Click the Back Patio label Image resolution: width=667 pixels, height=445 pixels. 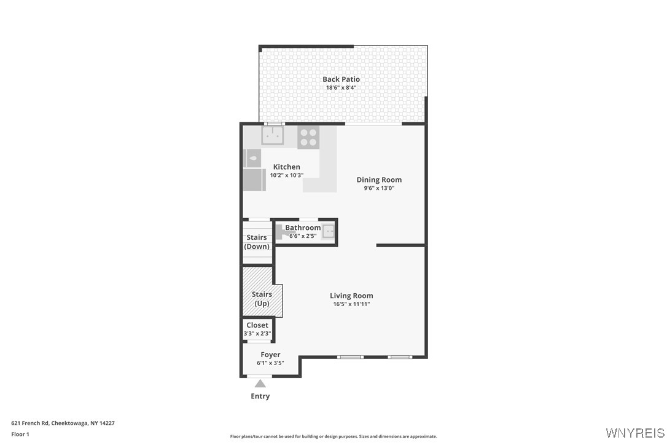[x=341, y=79]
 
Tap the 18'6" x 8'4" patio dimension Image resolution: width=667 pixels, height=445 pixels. [x=341, y=88]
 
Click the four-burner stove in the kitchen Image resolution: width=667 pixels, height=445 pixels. [x=308, y=137]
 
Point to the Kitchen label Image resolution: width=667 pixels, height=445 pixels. [x=286, y=167]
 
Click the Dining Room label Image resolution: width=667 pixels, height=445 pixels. [x=379, y=180]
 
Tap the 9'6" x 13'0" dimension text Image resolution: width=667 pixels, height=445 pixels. [x=379, y=189]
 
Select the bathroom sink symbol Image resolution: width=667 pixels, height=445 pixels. [x=329, y=232]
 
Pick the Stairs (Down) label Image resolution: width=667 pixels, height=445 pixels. [x=257, y=242]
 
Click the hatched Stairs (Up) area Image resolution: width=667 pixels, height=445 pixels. [x=261, y=292]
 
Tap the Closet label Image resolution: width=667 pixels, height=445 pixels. [x=257, y=325]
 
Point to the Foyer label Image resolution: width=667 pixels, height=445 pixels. [x=270, y=355]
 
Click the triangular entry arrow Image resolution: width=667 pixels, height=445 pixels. [x=260, y=384]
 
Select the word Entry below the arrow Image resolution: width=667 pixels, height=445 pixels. [x=260, y=396]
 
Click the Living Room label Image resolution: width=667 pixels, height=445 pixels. [x=351, y=296]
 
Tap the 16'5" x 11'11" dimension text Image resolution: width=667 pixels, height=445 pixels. [x=351, y=304]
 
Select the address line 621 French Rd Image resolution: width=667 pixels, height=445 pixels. [x=63, y=423]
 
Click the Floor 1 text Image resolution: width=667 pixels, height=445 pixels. [x=20, y=434]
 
